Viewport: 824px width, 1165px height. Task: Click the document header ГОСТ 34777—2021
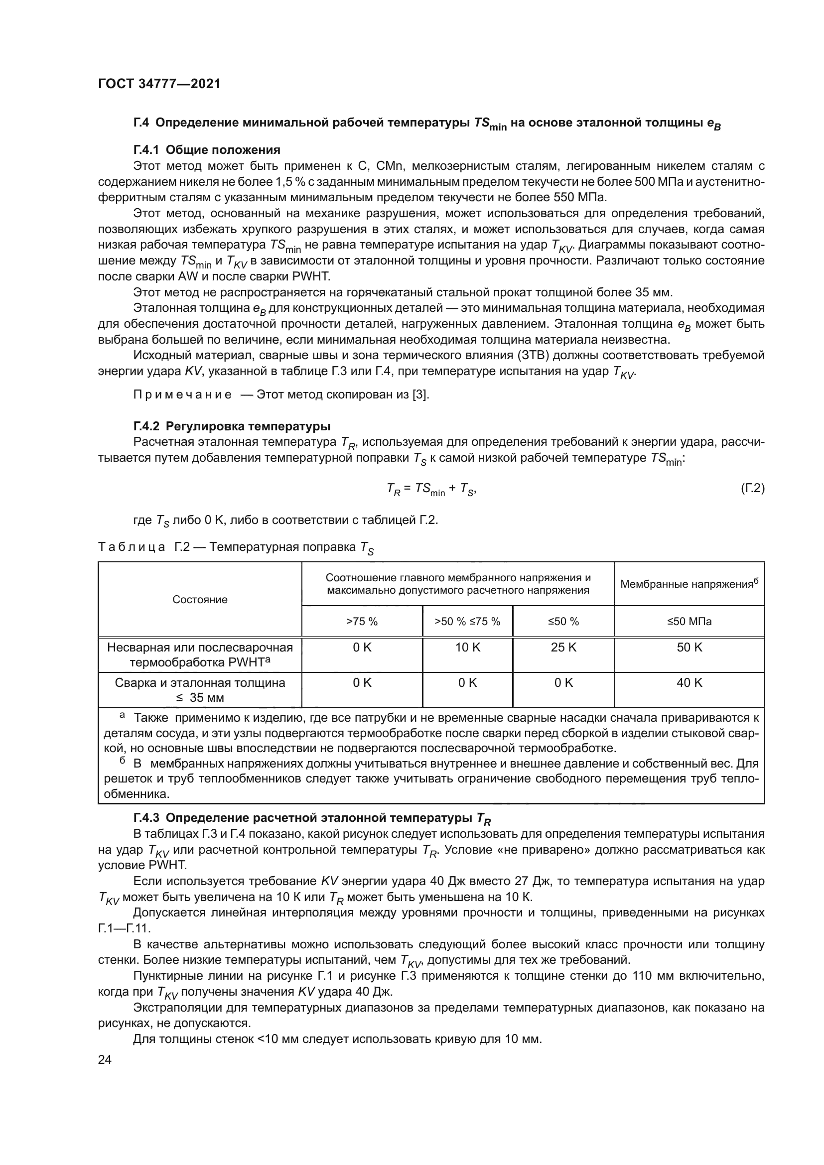click(x=159, y=84)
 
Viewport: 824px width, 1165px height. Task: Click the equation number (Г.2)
click(x=752, y=488)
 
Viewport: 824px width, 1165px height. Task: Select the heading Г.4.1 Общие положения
click(x=207, y=150)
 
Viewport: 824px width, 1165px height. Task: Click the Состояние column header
click(x=200, y=599)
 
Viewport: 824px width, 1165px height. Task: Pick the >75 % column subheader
click(x=362, y=622)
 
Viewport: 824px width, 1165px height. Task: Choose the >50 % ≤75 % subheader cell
click(x=467, y=622)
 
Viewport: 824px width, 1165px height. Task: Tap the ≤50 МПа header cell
click(x=689, y=622)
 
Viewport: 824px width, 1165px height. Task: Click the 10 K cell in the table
click(x=467, y=647)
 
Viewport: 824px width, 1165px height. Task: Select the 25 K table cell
click(x=563, y=647)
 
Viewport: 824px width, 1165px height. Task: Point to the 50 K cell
click(x=689, y=647)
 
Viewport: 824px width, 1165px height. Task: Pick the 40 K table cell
click(x=689, y=682)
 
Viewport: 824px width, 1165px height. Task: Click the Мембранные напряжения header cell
click(x=689, y=584)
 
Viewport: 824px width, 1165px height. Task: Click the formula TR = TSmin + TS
click(x=431, y=489)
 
